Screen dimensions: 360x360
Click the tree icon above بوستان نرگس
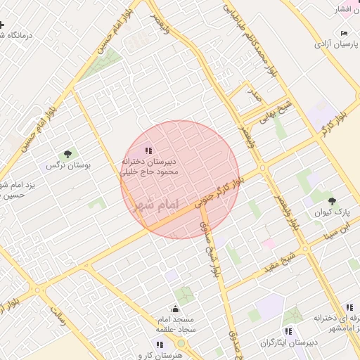tap(67, 154)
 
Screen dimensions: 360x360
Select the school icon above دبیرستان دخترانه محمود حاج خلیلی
tap(148, 149)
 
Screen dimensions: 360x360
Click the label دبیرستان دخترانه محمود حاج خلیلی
tap(152, 165)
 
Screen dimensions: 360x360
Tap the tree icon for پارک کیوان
tap(332, 201)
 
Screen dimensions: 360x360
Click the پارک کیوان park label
tap(337, 211)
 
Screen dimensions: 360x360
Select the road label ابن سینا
tap(339, 231)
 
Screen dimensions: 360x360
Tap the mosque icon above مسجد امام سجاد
tap(175, 308)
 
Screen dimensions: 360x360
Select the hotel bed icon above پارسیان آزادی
tap(343, 33)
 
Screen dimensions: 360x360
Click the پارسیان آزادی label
tap(335, 44)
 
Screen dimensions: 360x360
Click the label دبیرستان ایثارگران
tap(288, 342)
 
